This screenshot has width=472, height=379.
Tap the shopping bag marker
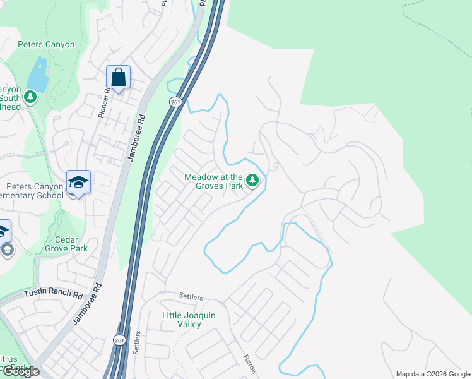(118, 78)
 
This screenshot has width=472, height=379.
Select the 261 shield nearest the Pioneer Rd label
(175, 102)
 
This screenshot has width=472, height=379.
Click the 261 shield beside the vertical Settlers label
(119, 340)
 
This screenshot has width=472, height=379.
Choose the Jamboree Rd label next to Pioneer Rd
(136, 138)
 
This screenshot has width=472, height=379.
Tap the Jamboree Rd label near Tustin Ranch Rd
(87, 304)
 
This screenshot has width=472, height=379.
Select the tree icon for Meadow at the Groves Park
(252, 182)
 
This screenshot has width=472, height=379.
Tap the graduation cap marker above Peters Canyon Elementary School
(78, 182)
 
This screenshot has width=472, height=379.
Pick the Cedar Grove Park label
(62, 244)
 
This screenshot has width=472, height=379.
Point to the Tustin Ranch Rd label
(54, 294)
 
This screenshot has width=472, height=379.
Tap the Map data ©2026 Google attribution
(433, 374)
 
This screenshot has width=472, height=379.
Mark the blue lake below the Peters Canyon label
(37, 75)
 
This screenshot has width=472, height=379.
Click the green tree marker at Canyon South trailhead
(29, 97)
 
